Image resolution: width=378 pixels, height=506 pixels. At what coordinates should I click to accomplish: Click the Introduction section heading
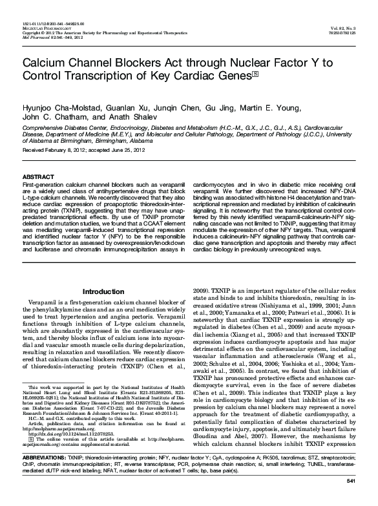pos(103,291)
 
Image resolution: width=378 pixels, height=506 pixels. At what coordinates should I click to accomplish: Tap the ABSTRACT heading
pos(38,176)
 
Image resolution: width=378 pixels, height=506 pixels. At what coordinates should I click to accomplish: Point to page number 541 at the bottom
pos(351,500)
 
